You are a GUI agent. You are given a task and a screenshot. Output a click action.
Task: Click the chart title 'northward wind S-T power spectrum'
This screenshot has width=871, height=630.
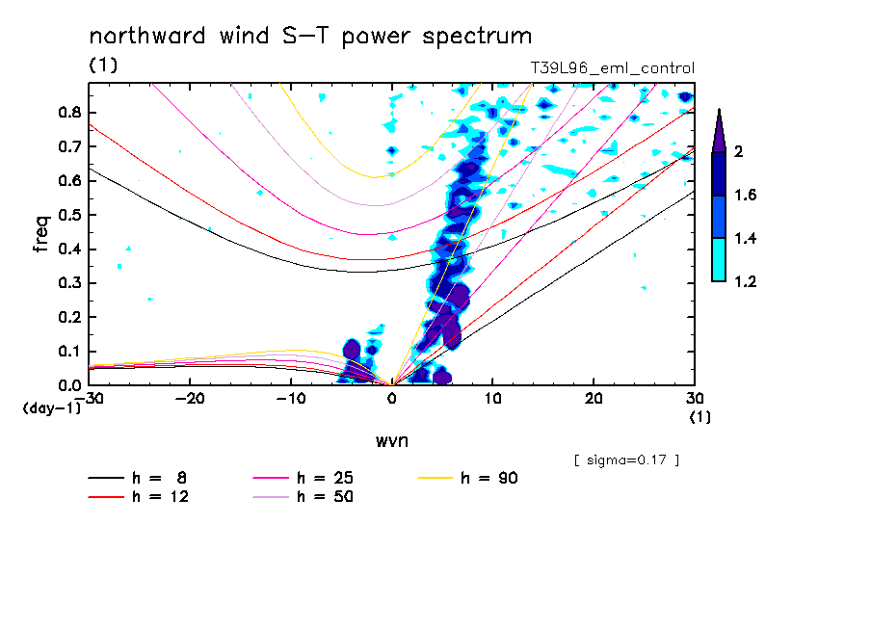click(x=309, y=37)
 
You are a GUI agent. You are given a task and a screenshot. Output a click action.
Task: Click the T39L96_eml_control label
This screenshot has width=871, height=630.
click(x=612, y=68)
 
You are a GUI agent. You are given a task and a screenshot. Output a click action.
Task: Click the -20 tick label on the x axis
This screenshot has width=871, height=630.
click(x=190, y=397)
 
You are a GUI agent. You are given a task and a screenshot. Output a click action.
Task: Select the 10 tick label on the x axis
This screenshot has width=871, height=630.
click(x=492, y=397)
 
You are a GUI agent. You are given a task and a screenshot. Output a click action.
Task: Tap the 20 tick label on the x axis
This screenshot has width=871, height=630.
click(x=594, y=397)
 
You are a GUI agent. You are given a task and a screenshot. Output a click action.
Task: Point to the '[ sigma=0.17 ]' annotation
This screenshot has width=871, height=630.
click(x=626, y=460)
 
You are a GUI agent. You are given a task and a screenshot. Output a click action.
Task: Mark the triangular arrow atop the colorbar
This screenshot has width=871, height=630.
click(x=719, y=129)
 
